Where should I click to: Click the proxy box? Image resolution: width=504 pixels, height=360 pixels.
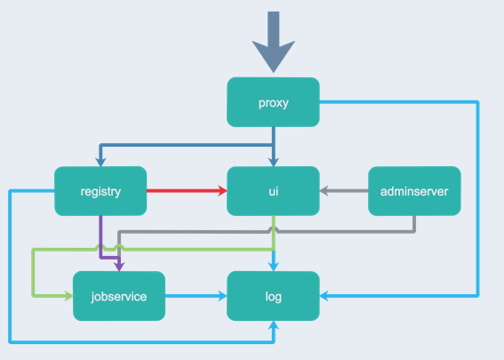pyautogui.click(x=273, y=102)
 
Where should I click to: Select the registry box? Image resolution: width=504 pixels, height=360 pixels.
pyautogui.click(x=100, y=191)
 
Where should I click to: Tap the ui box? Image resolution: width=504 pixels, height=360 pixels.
pyautogui.click(x=273, y=191)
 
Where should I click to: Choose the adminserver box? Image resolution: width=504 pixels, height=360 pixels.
pyautogui.click(x=414, y=191)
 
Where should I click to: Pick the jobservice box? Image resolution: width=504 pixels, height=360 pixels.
pyautogui.click(x=119, y=296)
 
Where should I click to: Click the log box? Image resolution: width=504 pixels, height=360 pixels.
pyautogui.click(x=273, y=296)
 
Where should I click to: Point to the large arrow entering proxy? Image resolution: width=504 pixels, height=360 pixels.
pyautogui.click(x=274, y=42)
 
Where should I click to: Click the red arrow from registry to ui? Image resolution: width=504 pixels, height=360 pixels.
pyautogui.click(x=187, y=190)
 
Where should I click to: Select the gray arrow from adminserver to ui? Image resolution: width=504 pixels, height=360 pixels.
pyautogui.click(x=344, y=190)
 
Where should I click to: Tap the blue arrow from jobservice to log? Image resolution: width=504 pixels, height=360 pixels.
pyautogui.click(x=196, y=296)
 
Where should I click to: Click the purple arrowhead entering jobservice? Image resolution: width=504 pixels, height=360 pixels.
pyautogui.click(x=119, y=267)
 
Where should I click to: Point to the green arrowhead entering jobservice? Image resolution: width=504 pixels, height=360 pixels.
pyautogui.click(x=68, y=296)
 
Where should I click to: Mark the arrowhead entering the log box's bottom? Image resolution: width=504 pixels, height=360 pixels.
pyautogui.click(x=274, y=325)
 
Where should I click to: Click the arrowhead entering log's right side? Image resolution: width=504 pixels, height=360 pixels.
pyautogui.click(x=324, y=296)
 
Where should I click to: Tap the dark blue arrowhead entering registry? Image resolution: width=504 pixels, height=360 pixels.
pyautogui.click(x=100, y=162)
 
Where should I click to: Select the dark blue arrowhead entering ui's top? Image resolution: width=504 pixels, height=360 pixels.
pyautogui.click(x=274, y=162)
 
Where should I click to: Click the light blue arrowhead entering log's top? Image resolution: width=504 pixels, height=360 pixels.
pyautogui.click(x=274, y=267)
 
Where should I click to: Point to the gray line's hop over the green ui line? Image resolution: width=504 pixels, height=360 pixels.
pyautogui.click(x=274, y=228)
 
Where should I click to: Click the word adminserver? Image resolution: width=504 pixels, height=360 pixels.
pyautogui.click(x=414, y=191)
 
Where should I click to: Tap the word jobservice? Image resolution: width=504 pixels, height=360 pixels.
pyautogui.click(x=119, y=297)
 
